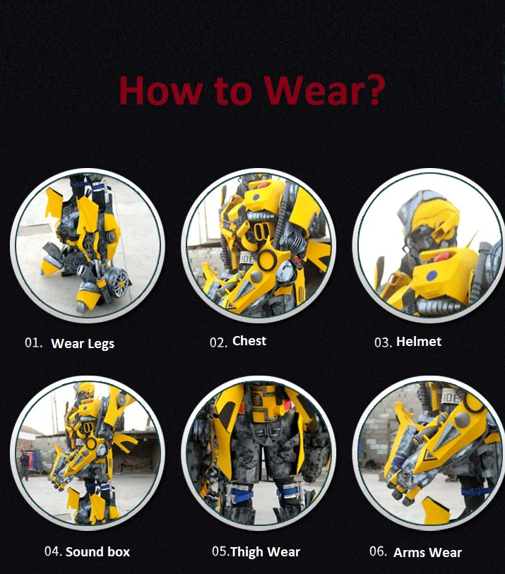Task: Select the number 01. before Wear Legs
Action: pos(33,342)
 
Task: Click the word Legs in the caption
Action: pos(101,344)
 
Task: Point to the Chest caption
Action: pos(249,341)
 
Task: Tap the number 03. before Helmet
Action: pos(383,342)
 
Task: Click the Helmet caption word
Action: pos(419,342)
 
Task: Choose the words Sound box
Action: pos(97,551)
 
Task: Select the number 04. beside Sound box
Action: pos(53,551)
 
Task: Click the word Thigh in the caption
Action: pos(247,552)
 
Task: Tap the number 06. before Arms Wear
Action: pos(379,551)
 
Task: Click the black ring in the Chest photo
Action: pos(266,260)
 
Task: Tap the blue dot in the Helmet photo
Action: pos(432,275)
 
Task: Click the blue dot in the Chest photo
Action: pos(256,197)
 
